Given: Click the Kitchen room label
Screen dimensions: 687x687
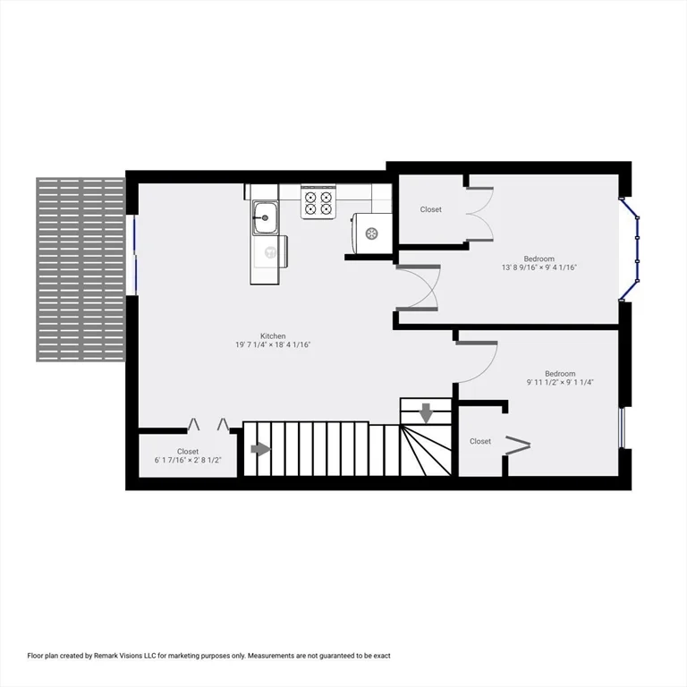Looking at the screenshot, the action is click(x=273, y=336).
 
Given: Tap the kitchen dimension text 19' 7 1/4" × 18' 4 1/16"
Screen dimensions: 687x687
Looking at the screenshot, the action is click(x=273, y=344).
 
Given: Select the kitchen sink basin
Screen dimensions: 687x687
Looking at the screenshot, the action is click(x=265, y=217).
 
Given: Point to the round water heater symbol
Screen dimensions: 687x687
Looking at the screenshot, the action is click(x=371, y=233).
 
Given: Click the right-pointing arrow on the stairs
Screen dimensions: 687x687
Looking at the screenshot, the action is click(x=260, y=449).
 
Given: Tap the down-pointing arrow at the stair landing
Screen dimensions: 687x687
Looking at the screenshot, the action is click(x=426, y=413).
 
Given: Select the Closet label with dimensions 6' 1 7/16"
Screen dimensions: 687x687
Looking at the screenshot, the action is click(x=188, y=455).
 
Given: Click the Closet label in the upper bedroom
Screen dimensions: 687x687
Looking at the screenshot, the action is click(x=430, y=209).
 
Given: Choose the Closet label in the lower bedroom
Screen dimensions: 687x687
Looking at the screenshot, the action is click(x=480, y=441).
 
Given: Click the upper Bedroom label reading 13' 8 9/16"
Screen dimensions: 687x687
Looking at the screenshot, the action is click(x=539, y=263).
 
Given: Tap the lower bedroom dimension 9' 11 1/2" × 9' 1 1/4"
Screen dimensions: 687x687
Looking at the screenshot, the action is click(x=560, y=382).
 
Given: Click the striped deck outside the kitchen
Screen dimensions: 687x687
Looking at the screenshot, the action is click(x=81, y=269).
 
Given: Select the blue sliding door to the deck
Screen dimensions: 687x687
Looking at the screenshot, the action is click(x=135, y=255).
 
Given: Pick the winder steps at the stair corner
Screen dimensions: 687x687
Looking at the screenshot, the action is click(x=426, y=451).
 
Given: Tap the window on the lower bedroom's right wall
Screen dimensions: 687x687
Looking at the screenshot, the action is click(x=623, y=428).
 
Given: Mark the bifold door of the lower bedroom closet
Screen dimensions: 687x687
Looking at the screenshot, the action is click(x=518, y=445).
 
